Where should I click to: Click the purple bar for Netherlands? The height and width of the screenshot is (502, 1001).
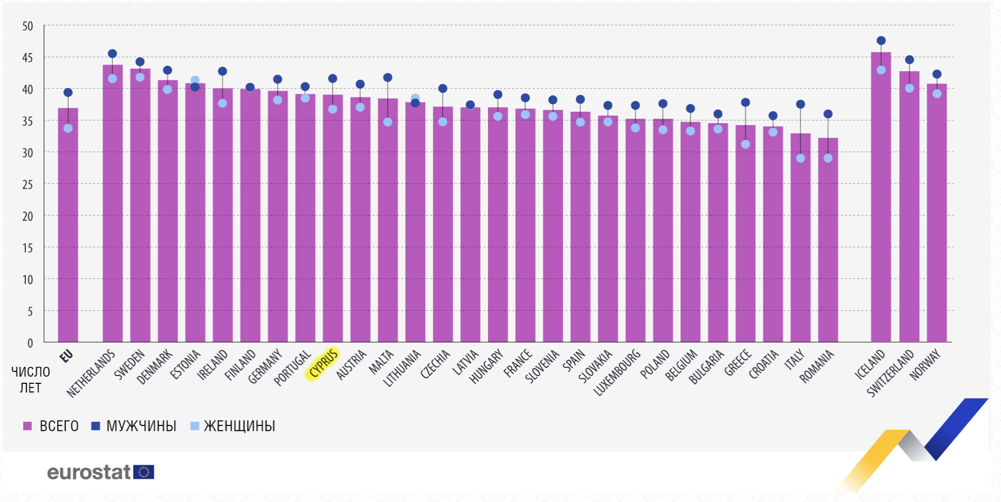click(x=113, y=205)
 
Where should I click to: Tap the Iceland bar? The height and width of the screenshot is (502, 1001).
click(x=881, y=200)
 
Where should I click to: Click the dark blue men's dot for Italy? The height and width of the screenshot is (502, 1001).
click(x=800, y=104)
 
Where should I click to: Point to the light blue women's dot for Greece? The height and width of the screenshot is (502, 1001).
click(x=745, y=144)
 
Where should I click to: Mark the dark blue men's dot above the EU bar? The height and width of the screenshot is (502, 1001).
click(x=68, y=92)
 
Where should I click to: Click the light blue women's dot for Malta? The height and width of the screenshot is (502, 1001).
click(x=388, y=122)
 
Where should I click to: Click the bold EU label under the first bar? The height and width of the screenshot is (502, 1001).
click(x=66, y=356)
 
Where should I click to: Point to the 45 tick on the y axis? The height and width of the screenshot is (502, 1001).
click(x=28, y=58)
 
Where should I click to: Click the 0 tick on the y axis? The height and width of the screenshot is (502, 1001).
click(x=30, y=343)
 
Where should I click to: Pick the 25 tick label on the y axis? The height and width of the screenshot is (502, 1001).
click(x=28, y=185)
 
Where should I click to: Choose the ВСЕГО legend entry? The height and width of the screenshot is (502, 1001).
click(x=51, y=426)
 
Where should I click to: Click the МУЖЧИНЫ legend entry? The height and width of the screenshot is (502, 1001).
click(x=134, y=426)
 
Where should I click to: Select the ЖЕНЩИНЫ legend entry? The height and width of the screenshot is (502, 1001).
click(x=233, y=426)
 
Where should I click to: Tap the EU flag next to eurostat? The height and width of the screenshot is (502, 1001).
click(x=144, y=472)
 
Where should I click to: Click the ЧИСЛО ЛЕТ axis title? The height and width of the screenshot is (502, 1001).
click(x=31, y=380)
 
